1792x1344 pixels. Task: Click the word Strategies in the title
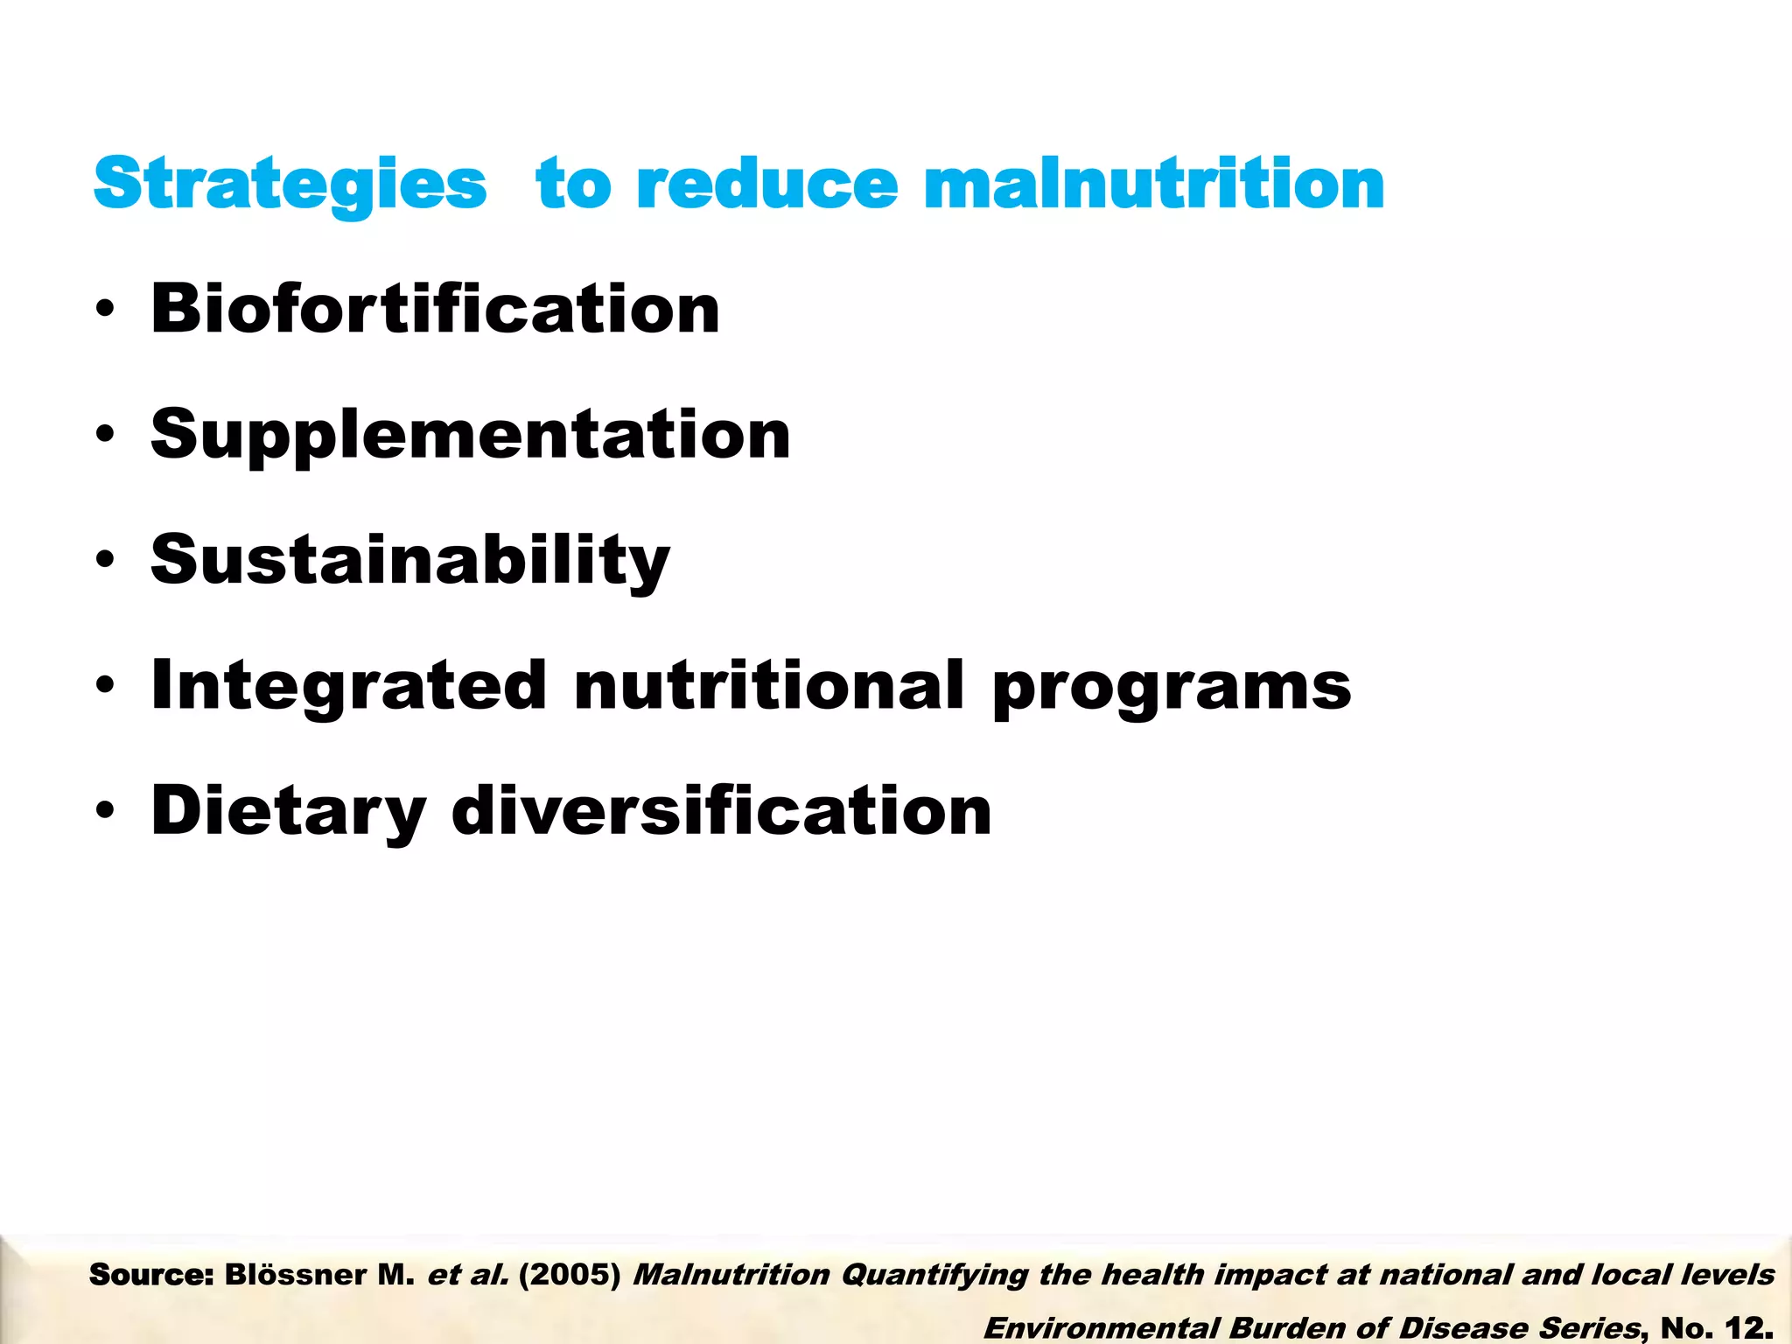[x=290, y=185]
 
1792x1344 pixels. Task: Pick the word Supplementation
[x=471, y=436]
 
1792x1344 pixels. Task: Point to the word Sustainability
[x=410, y=560]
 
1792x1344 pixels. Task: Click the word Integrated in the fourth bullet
[x=349, y=687]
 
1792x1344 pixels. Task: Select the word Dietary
[x=289, y=812]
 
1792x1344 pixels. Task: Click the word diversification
[x=721, y=810]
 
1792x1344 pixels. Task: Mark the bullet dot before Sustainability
[x=106, y=561]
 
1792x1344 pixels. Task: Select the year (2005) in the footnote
[x=570, y=1275]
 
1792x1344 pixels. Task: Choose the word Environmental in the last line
[x=1102, y=1327]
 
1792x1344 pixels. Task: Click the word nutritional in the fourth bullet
[x=769, y=685]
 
